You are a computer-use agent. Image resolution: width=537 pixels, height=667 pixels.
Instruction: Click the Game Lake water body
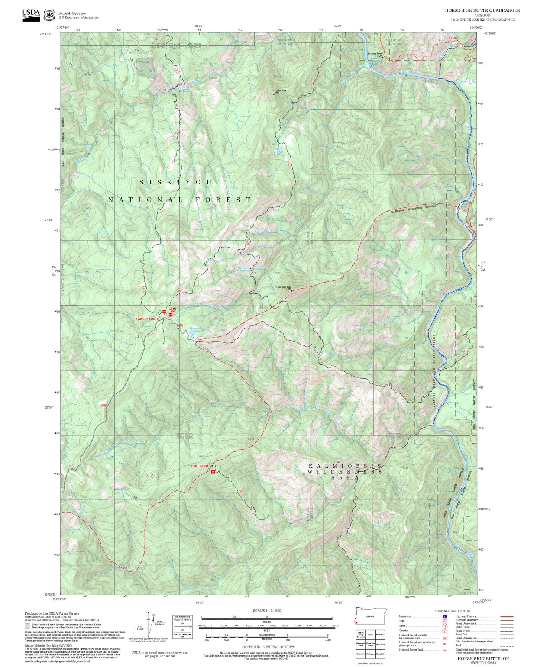[x=190, y=333]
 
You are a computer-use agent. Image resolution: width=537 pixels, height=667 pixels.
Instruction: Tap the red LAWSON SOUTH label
[x=148, y=319]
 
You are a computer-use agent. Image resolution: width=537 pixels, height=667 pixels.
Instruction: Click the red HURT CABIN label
[x=200, y=466]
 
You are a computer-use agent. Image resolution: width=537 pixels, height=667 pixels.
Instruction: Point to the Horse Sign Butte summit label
[x=284, y=287]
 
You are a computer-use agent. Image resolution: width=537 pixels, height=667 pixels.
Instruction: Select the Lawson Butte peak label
[x=280, y=91]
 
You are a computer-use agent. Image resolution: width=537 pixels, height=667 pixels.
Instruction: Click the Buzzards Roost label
[x=375, y=54]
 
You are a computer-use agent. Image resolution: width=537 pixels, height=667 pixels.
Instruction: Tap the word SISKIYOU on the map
[x=176, y=182]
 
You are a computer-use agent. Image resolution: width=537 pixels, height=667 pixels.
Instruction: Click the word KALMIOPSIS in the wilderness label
[x=345, y=466]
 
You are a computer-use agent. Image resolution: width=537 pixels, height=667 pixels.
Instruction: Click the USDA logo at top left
[x=31, y=14]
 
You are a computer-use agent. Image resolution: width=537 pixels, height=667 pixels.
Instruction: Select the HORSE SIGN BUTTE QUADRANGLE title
[x=482, y=10]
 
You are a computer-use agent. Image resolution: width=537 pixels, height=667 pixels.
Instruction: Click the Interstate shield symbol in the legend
[x=445, y=616]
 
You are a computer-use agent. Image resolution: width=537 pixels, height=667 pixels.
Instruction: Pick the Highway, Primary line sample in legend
[x=507, y=616]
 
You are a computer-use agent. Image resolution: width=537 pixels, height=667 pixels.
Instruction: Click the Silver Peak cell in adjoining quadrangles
[x=380, y=645]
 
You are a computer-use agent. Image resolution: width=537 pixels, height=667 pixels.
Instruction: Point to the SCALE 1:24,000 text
[x=267, y=610]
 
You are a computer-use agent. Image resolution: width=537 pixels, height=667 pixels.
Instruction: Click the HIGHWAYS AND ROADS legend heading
[x=452, y=611]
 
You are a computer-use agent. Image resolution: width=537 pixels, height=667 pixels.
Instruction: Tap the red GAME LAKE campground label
[x=173, y=310]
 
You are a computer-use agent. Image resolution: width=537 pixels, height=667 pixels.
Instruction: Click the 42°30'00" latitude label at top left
[x=46, y=34]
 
